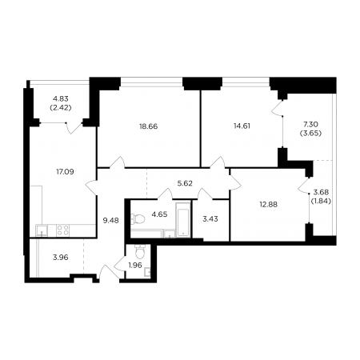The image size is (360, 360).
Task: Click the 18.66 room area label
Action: pyautogui.click(x=148, y=126)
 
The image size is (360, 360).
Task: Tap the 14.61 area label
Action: pyautogui.click(x=242, y=126)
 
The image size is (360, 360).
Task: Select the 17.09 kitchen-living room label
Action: pyautogui.click(x=65, y=172)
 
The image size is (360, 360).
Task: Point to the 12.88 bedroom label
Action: pyautogui.click(x=269, y=204)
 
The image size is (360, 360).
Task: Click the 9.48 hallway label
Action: pyautogui.click(x=111, y=221)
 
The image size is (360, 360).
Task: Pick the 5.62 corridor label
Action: pyautogui.click(x=185, y=183)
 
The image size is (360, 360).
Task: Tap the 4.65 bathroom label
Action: pyautogui.click(x=159, y=214)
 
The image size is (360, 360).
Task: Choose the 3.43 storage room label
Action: pyautogui.click(x=210, y=219)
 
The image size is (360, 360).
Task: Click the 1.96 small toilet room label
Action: pyautogui.click(x=135, y=265)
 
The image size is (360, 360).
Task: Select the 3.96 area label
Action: pyautogui.click(x=61, y=258)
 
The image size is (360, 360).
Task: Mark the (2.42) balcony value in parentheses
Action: pyautogui.click(x=61, y=108)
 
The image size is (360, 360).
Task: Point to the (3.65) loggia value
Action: pyautogui.click(x=310, y=133)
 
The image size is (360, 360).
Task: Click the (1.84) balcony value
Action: pyautogui.click(x=321, y=201)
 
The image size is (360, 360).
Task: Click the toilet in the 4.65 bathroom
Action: pyautogui.click(x=138, y=219)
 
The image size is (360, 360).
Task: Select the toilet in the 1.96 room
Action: pyautogui.click(x=140, y=252)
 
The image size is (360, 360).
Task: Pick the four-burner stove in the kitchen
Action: pyautogui.click(x=62, y=230)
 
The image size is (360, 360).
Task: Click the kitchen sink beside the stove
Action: pyautogui.click(x=42, y=230)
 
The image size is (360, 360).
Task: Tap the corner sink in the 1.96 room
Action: pyautogui.click(x=147, y=272)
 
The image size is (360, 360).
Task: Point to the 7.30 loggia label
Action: pyautogui.click(x=310, y=124)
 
